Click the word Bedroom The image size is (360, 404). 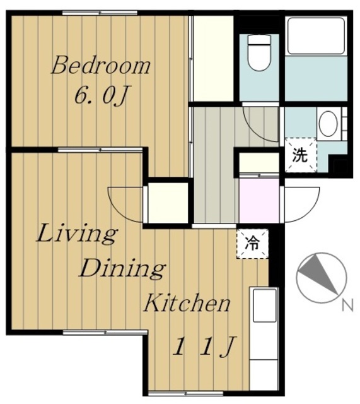[x=101, y=66]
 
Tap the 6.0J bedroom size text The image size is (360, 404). [x=101, y=95]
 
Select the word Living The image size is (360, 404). [x=77, y=234]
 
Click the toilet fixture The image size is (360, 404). [x=259, y=53]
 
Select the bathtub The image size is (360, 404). [x=316, y=35]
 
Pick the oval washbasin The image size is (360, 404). [x=328, y=123]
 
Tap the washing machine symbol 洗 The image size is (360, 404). [x=300, y=155]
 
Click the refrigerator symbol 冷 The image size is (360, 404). [x=252, y=244]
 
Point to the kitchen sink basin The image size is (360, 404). [x=265, y=306]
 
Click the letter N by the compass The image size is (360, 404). [x=347, y=306]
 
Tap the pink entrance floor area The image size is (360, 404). [x=259, y=201]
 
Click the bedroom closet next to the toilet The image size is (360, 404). [x=213, y=59]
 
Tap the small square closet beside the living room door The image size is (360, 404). [x=168, y=203]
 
